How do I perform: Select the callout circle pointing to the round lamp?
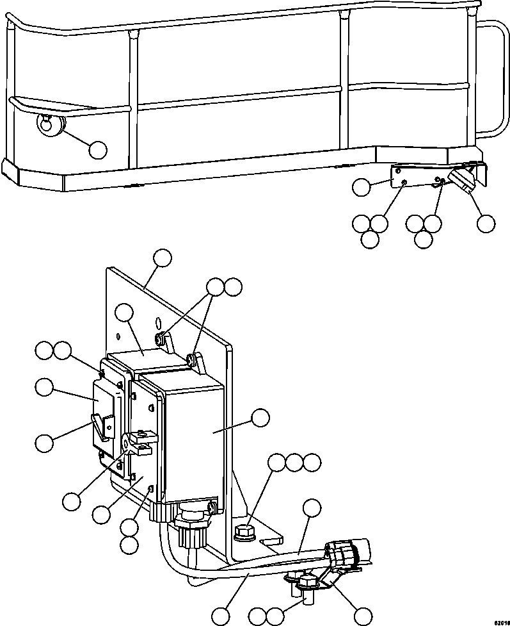click(98, 150)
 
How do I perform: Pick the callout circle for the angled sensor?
click(486, 224)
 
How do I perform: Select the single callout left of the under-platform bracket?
click(362, 187)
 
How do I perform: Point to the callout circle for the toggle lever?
click(44, 442)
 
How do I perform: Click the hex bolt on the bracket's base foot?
click(243, 531)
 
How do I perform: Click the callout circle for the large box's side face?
click(260, 418)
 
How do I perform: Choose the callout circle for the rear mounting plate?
click(163, 258)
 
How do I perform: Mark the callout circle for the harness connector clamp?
click(363, 615)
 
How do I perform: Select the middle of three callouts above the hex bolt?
click(294, 463)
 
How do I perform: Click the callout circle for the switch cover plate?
click(44, 388)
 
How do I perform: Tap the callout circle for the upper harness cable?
click(312, 508)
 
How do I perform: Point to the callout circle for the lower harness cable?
click(221, 616)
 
